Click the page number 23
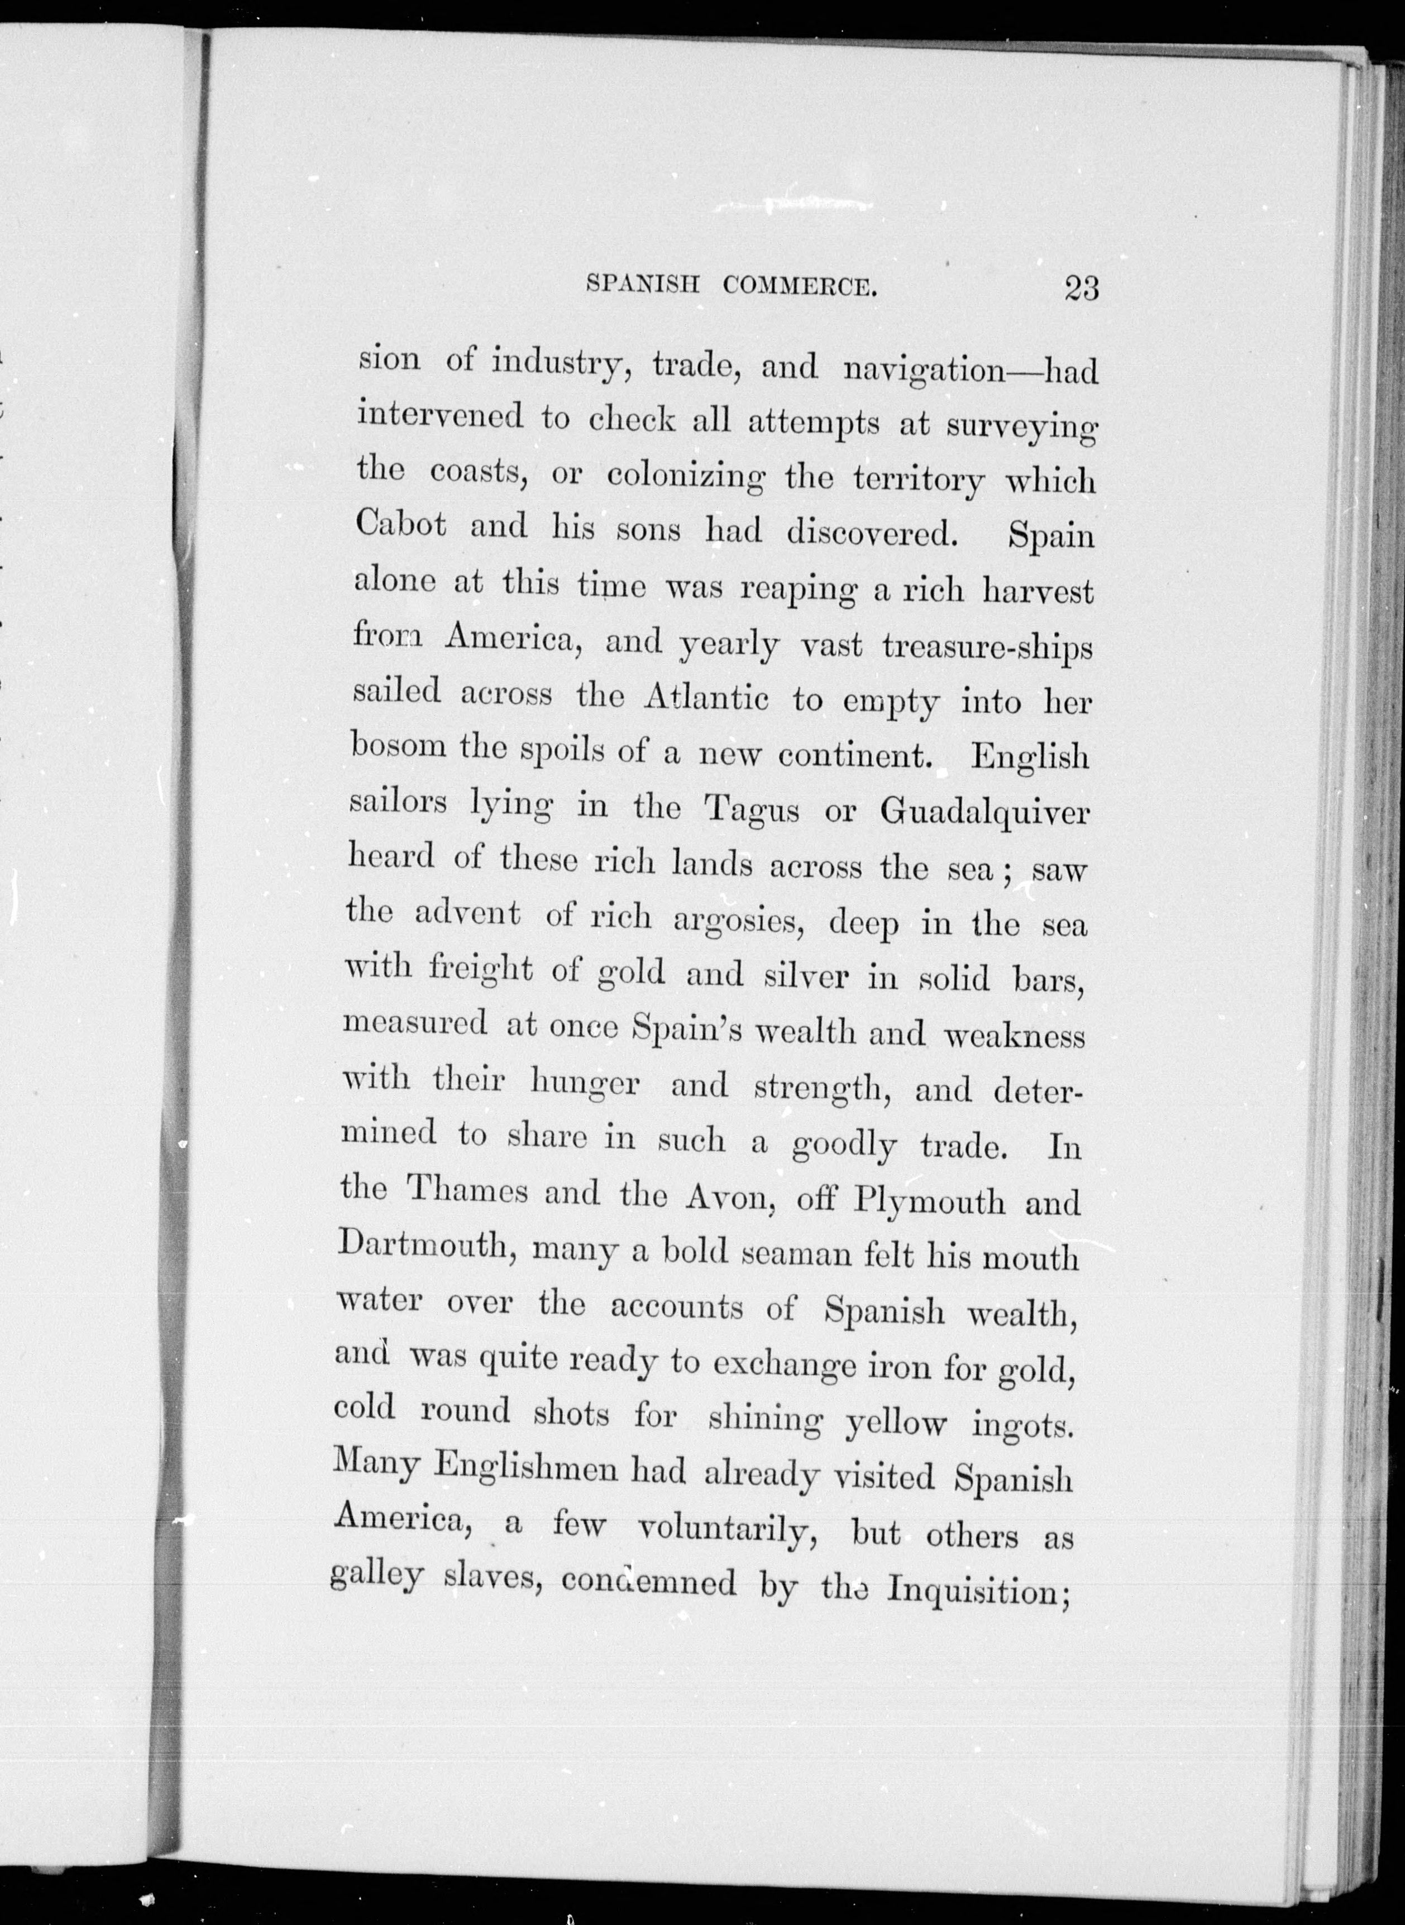pyautogui.click(x=1081, y=288)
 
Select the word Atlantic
pyautogui.click(x=707, y=699)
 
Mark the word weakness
pyautogui.click(x=1015, y=1035)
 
